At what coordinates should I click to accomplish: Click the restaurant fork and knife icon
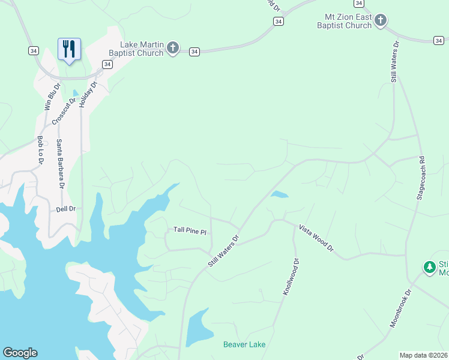(69, 49)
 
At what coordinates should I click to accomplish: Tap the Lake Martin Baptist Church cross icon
(173, 48)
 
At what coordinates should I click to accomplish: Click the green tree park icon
(429, 267)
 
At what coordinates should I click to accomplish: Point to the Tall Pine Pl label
(190, 230)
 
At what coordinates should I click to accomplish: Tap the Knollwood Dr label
(291, 276)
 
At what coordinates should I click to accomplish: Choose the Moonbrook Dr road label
(400, 308)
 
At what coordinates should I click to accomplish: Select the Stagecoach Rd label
(421, 179)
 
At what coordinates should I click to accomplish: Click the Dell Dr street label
(65, 209)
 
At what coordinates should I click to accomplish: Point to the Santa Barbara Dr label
(60, 163)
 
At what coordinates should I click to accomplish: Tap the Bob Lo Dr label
(40, 151)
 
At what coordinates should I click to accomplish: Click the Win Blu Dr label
(53, 97)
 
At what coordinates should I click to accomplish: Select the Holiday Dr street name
(88, 94)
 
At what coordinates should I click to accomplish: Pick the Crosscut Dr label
(64, 111)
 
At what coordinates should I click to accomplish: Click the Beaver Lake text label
(244, 344)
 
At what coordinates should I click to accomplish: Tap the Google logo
(20, 353)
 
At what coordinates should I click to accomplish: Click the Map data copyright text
(424, 355)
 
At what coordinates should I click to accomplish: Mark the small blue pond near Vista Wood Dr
(279, 194)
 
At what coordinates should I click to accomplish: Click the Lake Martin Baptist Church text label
(142, 49)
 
